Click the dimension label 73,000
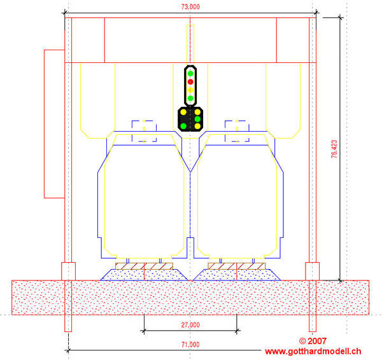[190, 7]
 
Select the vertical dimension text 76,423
[334, 149]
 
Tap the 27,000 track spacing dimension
[190, 325]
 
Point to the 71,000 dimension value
[190, 345]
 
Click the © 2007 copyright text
[313, 341]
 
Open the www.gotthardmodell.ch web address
[313, 352]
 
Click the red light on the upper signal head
[190, 81]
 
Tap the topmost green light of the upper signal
[190, 73]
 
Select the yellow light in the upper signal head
[190, 90]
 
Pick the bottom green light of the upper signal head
[190, 99]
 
